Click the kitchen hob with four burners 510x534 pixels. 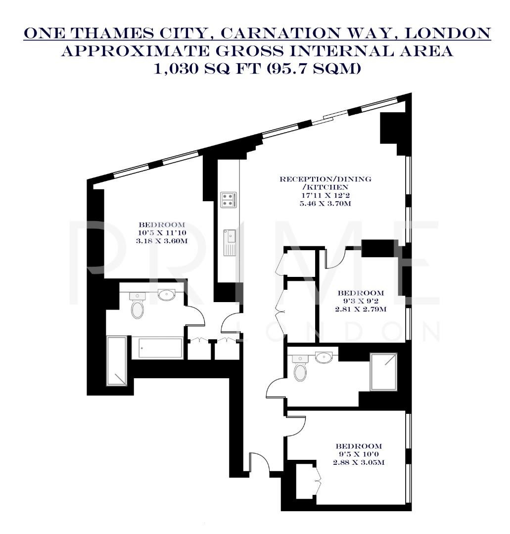point(228,199)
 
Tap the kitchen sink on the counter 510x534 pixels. point(231,242)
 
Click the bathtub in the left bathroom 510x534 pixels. point(155,348)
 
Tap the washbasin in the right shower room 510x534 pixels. point(324,357)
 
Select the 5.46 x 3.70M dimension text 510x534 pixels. point(325,203)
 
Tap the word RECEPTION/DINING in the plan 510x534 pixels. point(325,179)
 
